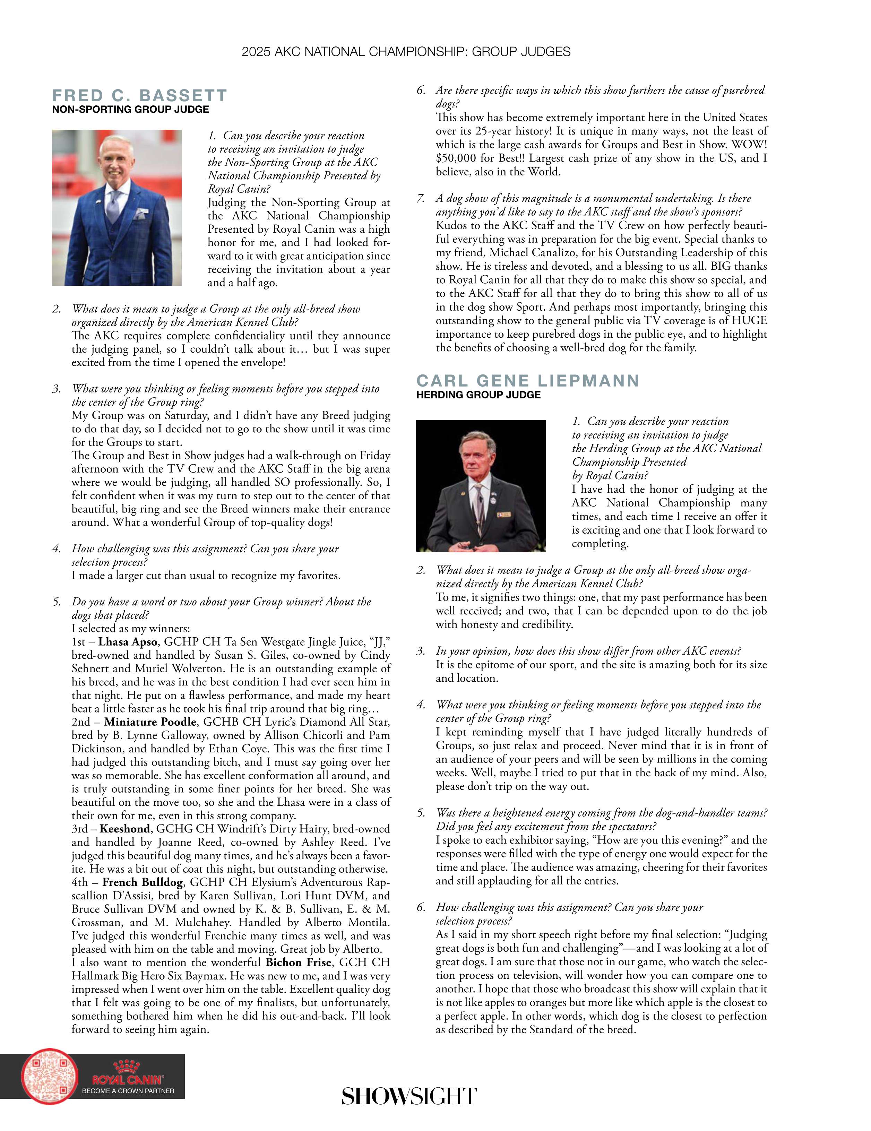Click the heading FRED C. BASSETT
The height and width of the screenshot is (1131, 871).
139,96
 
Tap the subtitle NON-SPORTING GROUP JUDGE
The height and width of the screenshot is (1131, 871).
130,109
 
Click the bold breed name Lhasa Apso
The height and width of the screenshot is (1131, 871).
128,642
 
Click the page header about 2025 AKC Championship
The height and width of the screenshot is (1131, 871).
406,52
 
